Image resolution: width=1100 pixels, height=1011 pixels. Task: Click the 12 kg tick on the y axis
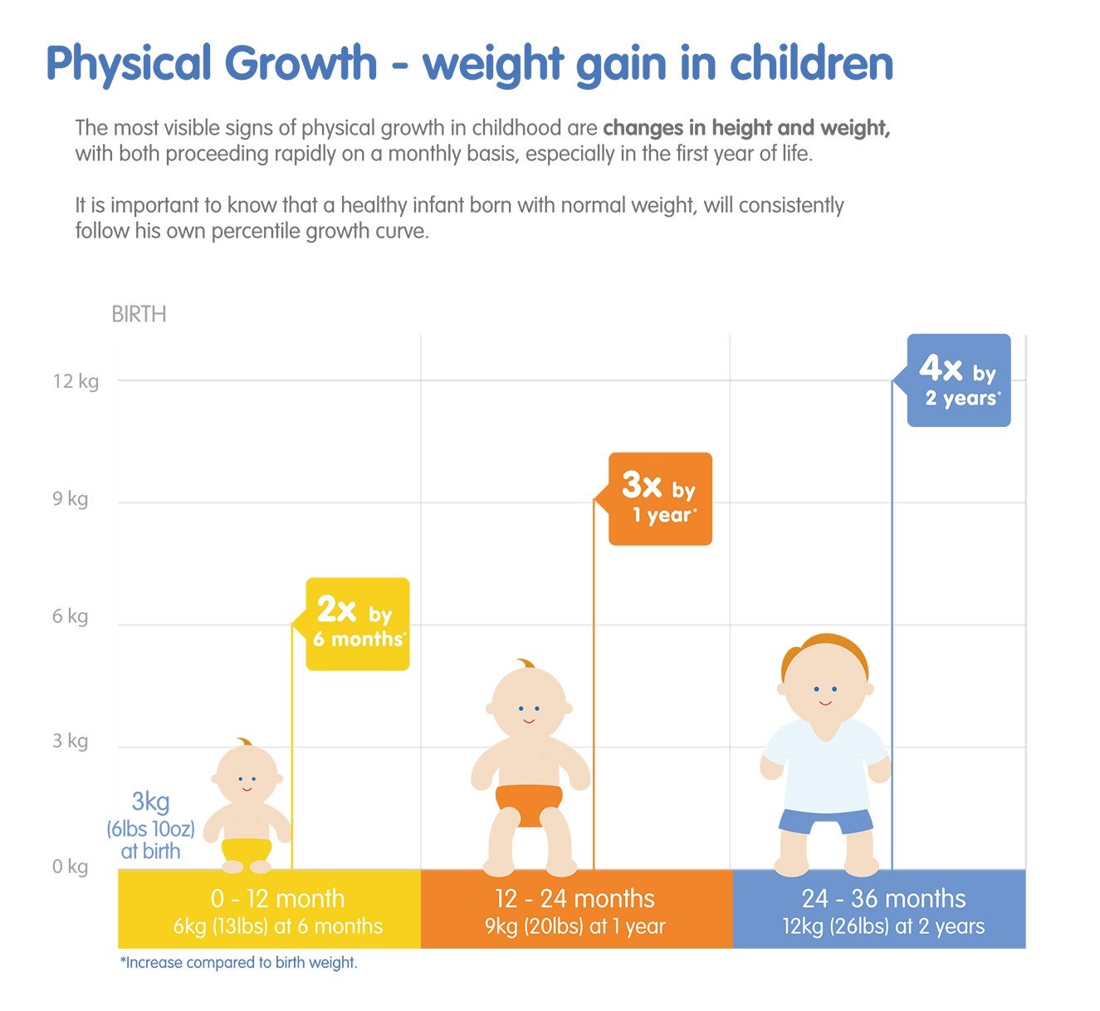click(x=76, y=381)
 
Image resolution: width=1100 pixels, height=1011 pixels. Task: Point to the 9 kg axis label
click(x=70, y=499)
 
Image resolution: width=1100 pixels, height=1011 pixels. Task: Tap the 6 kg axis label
click(x=70, y=616)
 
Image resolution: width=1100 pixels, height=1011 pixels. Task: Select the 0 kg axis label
click(x=70, y=866)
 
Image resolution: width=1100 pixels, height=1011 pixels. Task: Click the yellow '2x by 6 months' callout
click(x=358, y=625)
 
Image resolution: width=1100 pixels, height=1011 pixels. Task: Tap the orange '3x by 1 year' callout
click(x=660, y=499)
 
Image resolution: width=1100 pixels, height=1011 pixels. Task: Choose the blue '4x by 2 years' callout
click(x=959, y=381)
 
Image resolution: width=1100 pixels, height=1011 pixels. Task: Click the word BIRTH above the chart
click(x=139, y=315)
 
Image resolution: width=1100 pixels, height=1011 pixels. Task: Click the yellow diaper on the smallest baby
click(x=247, y=850)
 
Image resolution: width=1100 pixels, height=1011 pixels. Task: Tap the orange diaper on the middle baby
click(x=529, y=802)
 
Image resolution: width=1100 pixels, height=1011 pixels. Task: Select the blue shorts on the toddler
click(x=825, y=822)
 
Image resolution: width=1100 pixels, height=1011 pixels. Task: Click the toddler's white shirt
click(x=824, y=764)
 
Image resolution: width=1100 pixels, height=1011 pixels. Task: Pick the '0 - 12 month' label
click(x=277, y=899)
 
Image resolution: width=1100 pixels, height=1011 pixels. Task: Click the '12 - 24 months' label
click(x=574, y=899)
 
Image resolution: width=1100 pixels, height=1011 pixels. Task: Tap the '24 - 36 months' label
click(x=883, y=899)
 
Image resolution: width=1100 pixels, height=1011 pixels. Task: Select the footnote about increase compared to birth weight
click(x=239, y=963)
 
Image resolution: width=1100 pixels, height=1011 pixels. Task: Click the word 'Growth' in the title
click(x=301, y=64)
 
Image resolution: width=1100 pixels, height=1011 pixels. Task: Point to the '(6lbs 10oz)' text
click(x=150, y=828)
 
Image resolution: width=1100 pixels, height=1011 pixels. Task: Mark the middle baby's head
click(x=528, y=701)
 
